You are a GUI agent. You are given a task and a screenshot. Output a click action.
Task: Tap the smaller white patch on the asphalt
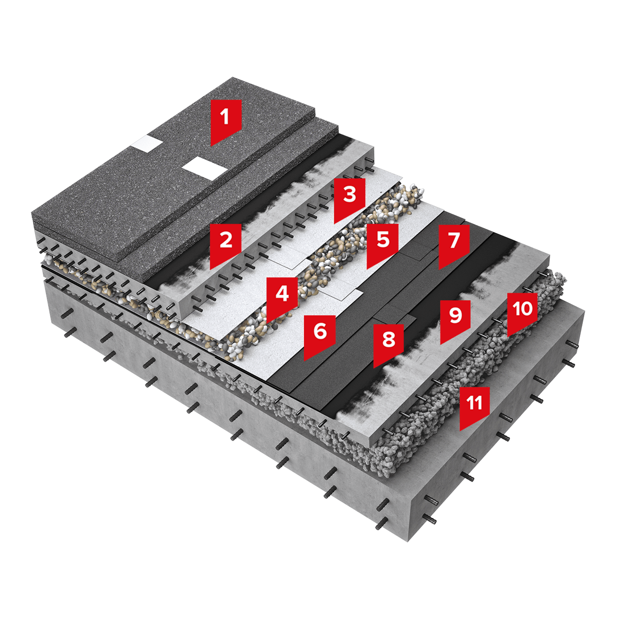(147, 144)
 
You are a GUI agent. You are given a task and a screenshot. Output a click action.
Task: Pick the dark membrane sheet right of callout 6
(362, 307)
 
